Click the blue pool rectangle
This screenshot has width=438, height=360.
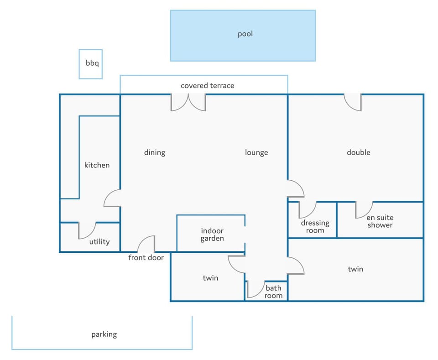click(x=243, y=36)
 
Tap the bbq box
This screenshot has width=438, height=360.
click(x=90, y=64)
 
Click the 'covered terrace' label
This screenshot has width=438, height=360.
click(x=207, y=85)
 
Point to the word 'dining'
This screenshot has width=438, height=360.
click(x=155, y=152)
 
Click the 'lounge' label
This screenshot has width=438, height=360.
click(x=256, y=152)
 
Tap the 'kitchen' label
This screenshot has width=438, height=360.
click(x=97, y=165)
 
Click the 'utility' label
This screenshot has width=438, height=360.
click(x=99, y=241)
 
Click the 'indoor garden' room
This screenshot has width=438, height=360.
click(x=211, y=234)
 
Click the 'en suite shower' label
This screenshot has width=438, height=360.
click(x=380, y=221)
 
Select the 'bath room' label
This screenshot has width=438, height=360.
click(x=273, y=292)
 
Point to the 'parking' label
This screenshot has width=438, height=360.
click(x=104, y=334)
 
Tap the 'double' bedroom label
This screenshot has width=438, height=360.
click(x=359, y=152)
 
